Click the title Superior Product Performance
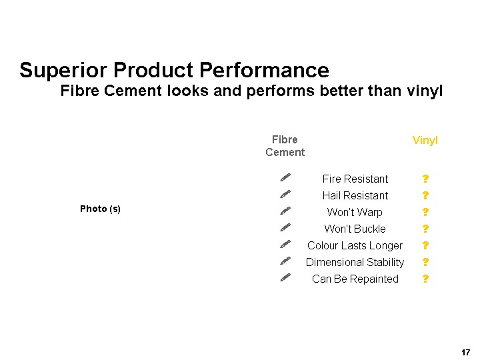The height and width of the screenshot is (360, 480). (174, 71)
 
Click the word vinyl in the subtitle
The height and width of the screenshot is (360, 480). (425, 91)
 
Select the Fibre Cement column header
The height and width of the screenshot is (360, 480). (285, 146)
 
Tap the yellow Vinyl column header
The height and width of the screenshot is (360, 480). (425, 141)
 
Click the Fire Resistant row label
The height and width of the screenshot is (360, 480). (355, 179)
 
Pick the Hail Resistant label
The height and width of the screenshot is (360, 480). (355, 195)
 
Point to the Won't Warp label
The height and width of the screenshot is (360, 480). (355, 212)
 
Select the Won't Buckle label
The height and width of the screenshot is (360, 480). (355, 229)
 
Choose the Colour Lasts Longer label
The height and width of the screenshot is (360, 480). (355, 245)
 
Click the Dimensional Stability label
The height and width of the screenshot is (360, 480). (355, 263)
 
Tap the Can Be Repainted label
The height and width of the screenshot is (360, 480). (355, 279)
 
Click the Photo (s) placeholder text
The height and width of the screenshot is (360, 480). (100, 209)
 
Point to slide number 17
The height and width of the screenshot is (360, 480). (465, 353)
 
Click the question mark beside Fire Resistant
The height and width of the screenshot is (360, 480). (425, 179)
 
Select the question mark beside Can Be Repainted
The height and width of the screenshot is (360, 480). (425, 279)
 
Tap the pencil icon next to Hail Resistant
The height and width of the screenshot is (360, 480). (285, 194)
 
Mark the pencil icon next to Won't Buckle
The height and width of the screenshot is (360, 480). (285, 227)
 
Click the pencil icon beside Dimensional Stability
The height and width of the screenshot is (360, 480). (285, 261)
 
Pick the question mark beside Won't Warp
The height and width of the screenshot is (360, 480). (425, 212)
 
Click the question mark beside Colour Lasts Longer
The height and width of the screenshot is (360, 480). (425, 245)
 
